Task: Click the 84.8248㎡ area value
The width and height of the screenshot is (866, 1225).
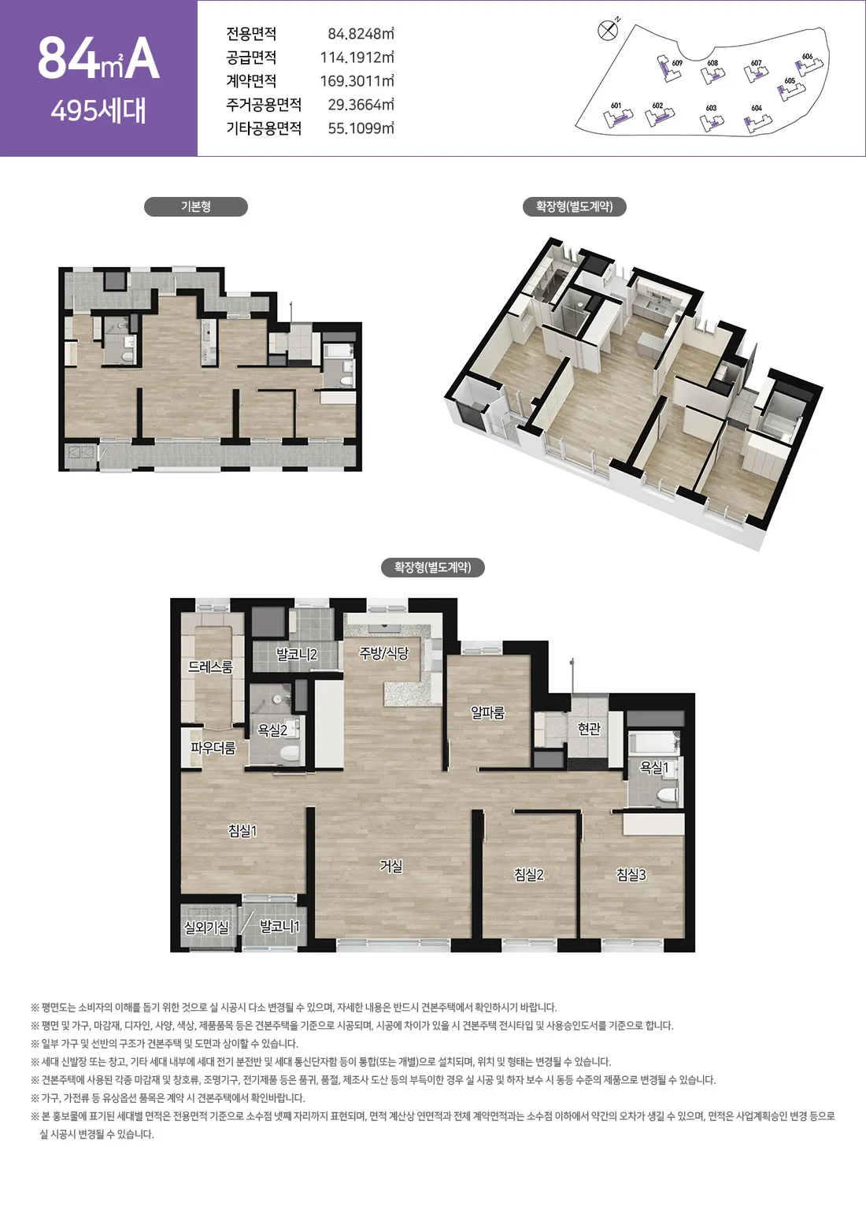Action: [x=361, y=34]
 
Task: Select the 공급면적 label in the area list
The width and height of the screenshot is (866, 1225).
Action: [x=251, y=58]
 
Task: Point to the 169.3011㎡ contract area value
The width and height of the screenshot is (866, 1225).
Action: [x=357, y=81]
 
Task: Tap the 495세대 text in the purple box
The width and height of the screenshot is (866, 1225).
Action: [x=98, y=110]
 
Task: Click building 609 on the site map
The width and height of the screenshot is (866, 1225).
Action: [x=669, y=68]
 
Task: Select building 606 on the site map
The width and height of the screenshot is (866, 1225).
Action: [x=809, y=64]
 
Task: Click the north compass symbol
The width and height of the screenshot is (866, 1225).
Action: [x=608, y=30]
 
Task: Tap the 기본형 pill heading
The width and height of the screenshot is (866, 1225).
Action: [x=195, y=206]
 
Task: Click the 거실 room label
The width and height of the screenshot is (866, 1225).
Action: [x=391, y=867]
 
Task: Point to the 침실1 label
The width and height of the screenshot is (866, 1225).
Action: [x=242, y=831]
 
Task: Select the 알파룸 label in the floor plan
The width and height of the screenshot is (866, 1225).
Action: [x=488, y=713]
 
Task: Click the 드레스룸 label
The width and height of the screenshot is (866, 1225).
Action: [x=210, y=666]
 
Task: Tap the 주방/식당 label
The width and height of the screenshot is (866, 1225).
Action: [x=383, y=653]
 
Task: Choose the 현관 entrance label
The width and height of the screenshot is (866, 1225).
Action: [x=589, y=729]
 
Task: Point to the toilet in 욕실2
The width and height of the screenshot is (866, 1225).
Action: [x=291, y=754]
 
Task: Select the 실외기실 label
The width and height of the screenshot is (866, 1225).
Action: [x=206, y=927]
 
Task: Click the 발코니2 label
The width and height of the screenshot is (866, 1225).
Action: [x=297, y=654]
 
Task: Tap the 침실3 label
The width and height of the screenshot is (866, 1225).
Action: [x=631, y=874]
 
